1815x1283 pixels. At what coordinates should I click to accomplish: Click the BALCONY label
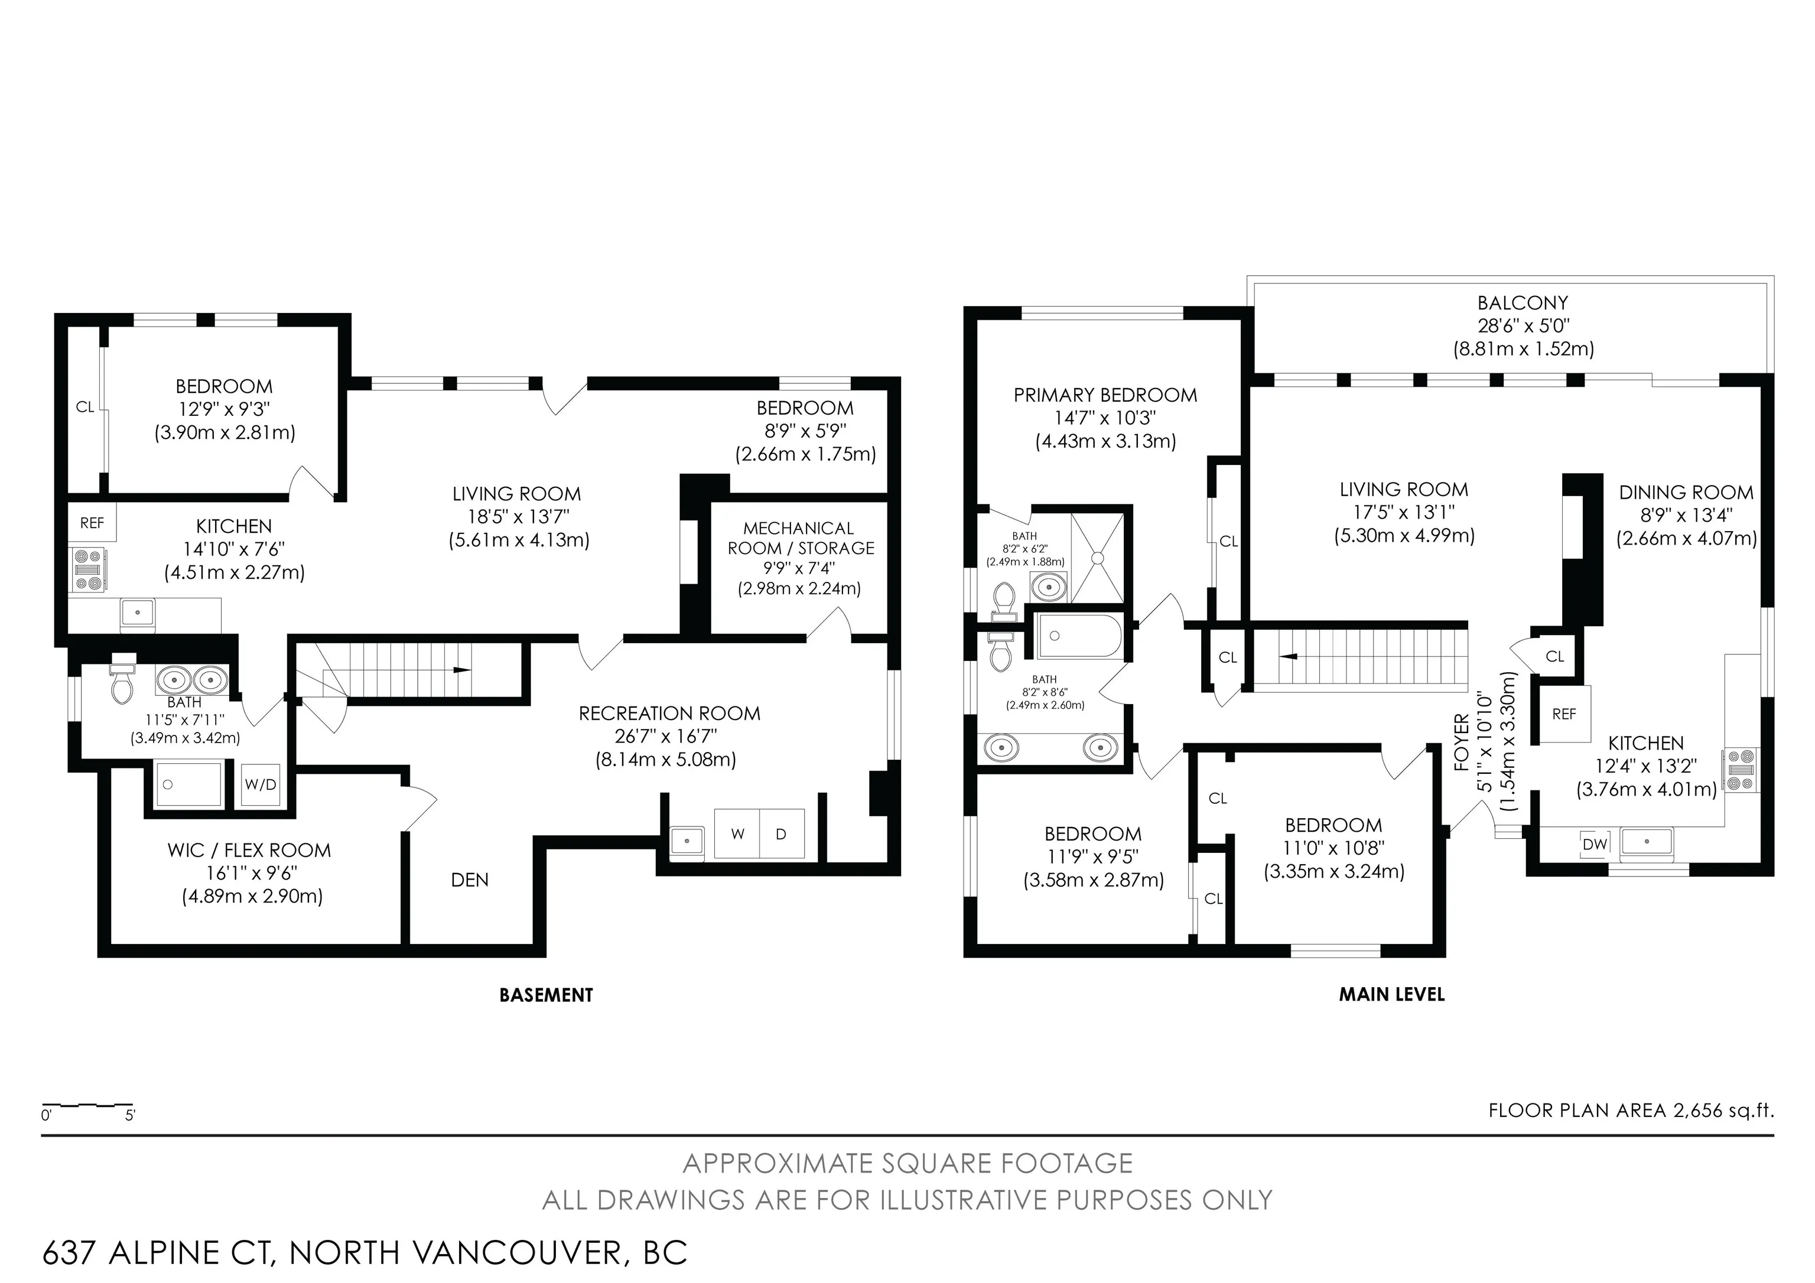click(x=1523, y=303)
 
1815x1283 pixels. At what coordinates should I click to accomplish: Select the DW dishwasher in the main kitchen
click(x=1595, y=844)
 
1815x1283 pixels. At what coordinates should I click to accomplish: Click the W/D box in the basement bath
click(x=260, y=784)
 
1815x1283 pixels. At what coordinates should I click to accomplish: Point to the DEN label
click(x=470, y=880)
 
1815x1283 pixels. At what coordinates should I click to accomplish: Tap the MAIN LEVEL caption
click(x=1391, y=995)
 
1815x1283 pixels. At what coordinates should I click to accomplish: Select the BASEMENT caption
click(x=547, y=995)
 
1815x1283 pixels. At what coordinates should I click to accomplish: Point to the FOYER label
click(x=1462, y=743)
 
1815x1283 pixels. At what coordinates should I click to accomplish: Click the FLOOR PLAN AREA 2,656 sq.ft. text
click(x=1631, y=1110)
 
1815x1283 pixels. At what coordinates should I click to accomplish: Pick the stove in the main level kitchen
click(x=1741, y=770)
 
